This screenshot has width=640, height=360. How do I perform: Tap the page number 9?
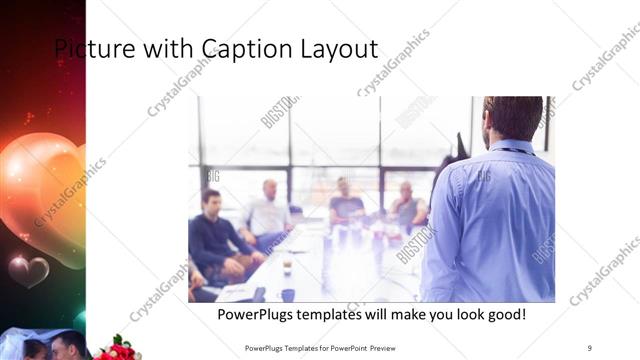coord(590,347)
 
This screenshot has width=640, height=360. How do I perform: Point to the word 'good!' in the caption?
coord(503,315)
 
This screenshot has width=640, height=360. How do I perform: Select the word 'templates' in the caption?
coord(338,315)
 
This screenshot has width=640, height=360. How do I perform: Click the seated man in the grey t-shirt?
coord(346,204)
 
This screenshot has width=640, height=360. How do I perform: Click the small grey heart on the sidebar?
coord(28,269)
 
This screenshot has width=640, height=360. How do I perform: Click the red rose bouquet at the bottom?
coord(118,349)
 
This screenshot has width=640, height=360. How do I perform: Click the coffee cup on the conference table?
coord(287,267)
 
